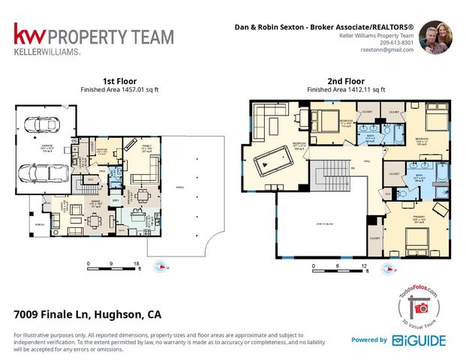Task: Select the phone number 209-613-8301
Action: pyautogui.click(x=395, y=42)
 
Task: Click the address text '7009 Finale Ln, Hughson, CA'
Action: pyautogui.click(x=88, y=314)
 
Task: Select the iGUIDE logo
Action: pyautogui.click(x=418, y=340)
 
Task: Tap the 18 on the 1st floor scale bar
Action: pyautogui.click(x=136, y=264)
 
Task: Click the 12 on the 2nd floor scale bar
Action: pyautogui.click(x=363, y=265)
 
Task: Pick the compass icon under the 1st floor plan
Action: pyautogui.click(x=160, y=265)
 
